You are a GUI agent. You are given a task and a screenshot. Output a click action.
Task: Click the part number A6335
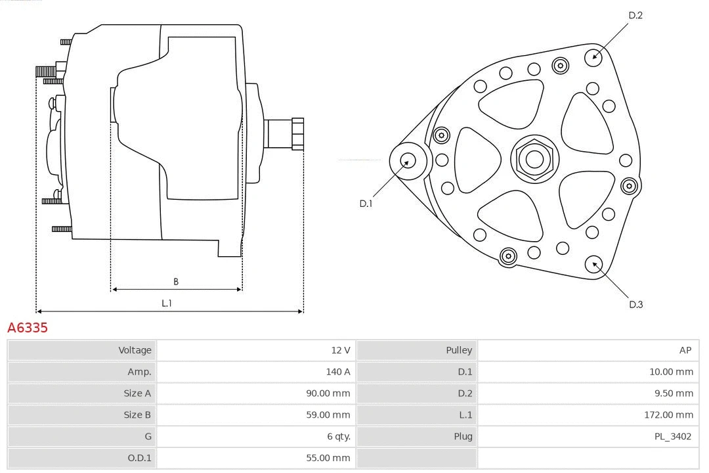click(x=28, y=327)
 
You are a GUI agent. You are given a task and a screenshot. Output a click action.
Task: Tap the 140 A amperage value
click(x=337, y=372)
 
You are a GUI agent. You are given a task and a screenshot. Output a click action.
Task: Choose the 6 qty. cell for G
click(x=335, y=436)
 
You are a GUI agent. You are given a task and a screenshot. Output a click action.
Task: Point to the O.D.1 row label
click(x=137, y=458)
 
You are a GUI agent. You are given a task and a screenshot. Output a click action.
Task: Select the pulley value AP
click(x=685, y=350)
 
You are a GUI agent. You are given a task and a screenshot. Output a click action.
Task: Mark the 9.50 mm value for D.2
click(x=671, y=394)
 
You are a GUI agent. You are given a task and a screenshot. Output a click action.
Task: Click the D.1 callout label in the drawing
click(x=366, y=204)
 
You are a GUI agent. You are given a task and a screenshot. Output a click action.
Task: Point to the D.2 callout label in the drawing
click(x=635, y=15)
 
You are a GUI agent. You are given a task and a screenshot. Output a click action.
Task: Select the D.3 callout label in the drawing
click(x=635, y=304)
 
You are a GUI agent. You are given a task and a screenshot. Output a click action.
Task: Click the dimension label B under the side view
click(x=176, y=282)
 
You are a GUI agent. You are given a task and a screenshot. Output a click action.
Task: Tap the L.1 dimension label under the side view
click(x=167, y=304)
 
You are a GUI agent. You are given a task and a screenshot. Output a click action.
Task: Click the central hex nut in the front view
click(x=534, y=159)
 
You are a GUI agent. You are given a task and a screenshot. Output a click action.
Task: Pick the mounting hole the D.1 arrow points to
click(x=408, y=160)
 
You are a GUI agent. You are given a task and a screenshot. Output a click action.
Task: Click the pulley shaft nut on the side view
click(x=297, y=134)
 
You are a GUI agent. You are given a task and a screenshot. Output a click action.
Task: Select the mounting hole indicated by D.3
click(x=594, y=264)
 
